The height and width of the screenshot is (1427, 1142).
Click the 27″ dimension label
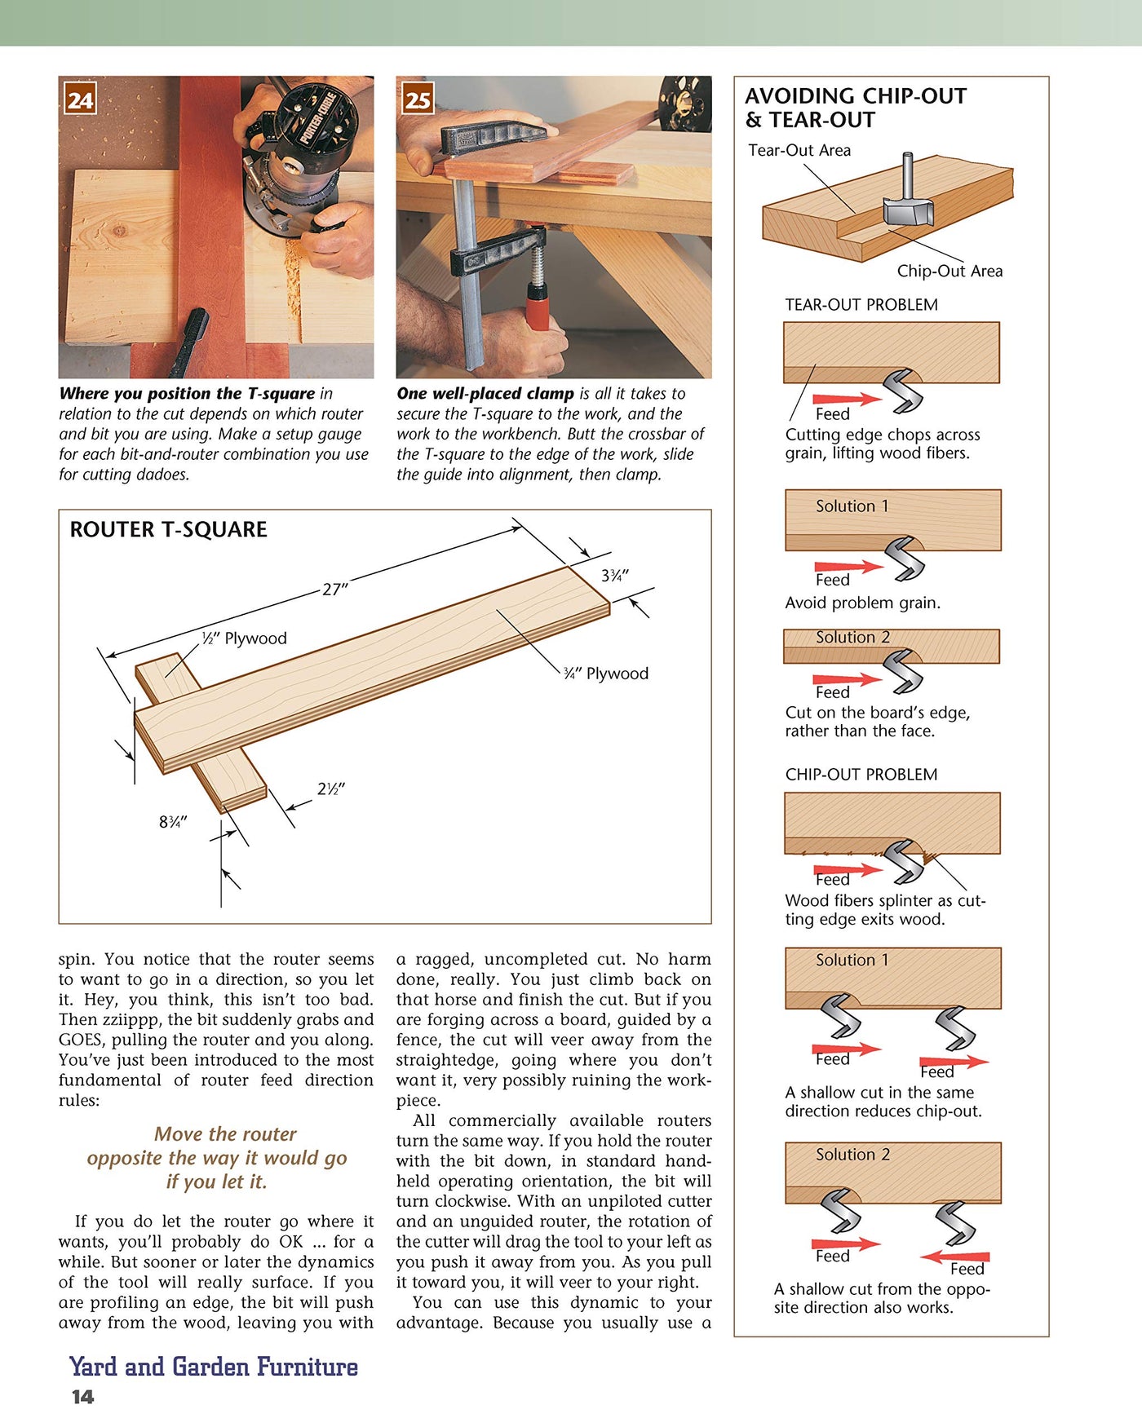click(334, 589)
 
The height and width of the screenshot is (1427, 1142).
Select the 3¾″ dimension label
click(614, 576)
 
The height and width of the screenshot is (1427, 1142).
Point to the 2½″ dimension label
click(330, 789)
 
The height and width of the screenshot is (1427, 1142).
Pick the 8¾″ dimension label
click(173, 822)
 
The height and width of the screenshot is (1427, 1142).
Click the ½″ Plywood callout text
click(244, 638)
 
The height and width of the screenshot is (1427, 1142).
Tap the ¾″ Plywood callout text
click(605, 674)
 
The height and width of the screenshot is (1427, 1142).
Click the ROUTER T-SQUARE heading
click(168, 530)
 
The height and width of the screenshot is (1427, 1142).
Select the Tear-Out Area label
click(799, 150)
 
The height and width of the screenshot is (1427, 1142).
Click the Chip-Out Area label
click(949, 271)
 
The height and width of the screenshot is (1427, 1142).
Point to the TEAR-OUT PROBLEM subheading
click(861, 305)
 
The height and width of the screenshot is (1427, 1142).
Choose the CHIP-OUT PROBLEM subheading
click(861, 775)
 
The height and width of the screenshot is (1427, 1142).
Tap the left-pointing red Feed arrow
click(954, 1257)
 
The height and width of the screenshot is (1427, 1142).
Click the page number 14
click(82, 1397)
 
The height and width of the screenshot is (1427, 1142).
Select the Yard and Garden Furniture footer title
click(213, 1367)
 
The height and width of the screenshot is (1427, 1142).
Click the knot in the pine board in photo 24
click(119, 231)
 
